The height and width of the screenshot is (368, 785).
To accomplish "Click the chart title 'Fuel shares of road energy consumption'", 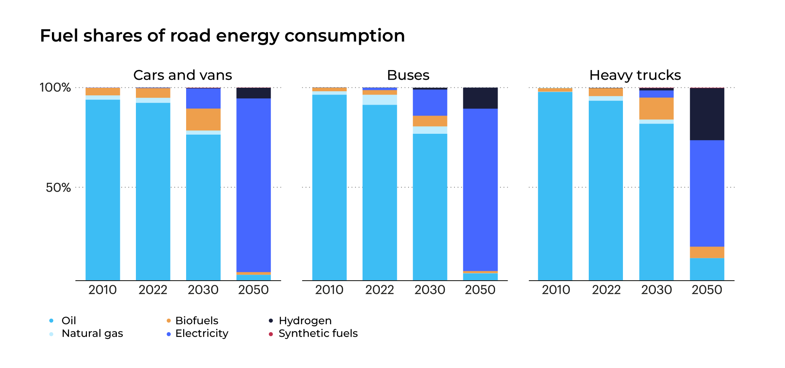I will tap(222, 35).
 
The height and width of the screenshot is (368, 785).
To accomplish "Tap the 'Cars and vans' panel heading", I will tap(182, 75).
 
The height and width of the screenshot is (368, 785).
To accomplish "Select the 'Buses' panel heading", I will tap(408, 75).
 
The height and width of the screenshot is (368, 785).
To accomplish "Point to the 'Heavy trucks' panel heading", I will tap(635, 75).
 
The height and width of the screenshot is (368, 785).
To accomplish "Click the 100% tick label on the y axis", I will tap(55, 87).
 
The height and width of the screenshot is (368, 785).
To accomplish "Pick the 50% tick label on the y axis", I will tap(58, 187).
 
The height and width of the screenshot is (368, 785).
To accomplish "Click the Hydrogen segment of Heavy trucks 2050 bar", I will tap(707, 114).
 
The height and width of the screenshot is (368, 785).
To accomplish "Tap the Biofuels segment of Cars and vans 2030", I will tap(203, 119).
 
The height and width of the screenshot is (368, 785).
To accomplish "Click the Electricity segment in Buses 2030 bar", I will tap(430, 103).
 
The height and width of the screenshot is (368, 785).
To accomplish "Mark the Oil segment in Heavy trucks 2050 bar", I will tap(707, 269).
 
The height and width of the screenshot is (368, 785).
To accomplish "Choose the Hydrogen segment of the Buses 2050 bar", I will tap(480, 98).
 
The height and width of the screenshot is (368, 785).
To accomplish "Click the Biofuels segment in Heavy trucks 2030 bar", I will tap(656, 108).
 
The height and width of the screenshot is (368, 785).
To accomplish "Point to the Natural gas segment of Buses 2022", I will tap(379, 100).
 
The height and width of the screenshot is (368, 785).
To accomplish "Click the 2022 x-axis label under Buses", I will tap(379, 290).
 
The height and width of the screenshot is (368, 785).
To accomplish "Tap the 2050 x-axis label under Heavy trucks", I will tap(706, 290).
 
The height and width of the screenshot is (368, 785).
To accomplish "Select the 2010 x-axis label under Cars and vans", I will tap(103, 290).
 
